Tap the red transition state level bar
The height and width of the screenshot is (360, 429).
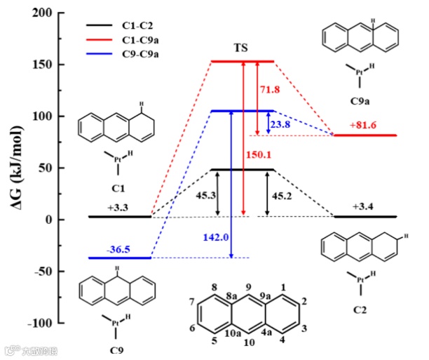pos(242,61)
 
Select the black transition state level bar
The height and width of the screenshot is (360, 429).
pos(242,170)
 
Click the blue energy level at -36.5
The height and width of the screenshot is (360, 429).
pos(120,258)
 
